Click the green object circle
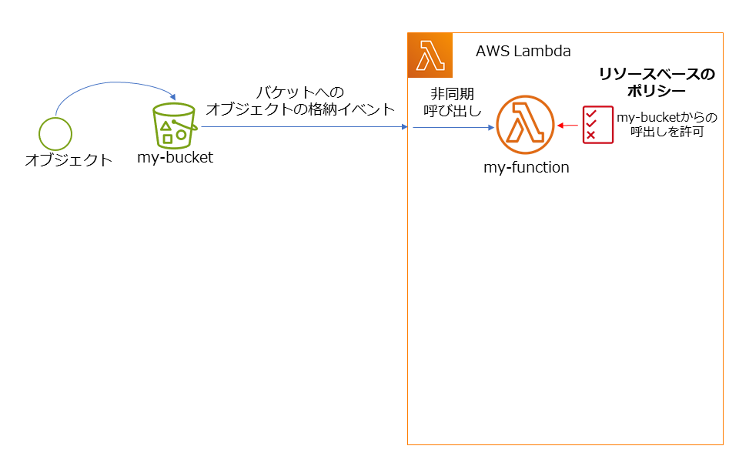pyautogui.click(x=55, y=132)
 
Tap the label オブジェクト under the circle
pyautogui.click(x=69, y=160)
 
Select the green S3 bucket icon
pyautogui.click(x=175, y=125)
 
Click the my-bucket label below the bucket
pyautogui.click(x=175, y=158)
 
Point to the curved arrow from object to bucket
pyautogui.click(x=108, y=85)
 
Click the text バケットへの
pyautogui.click(x=300, y=92)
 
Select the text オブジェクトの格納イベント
pyautogui.click(x=300, y=109)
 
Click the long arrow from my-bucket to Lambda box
pyautogui.click(x=304, y=127)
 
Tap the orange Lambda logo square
pyautogui.click(x=430, y=55)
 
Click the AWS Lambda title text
pyautogui.click(x=523, y=52)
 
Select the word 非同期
pyautogui.click(x=447, y=94)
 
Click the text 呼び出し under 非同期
pyautogui.click(x=447, y=111)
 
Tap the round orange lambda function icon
pyautogui.click(x=525, y=125)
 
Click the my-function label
pyautogui.click(x=526, y=166)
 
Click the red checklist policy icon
pyautogui.click(x=597, y=125)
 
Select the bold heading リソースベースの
pyautogui.click(x=657, y=74)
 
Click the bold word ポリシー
pyautogui.click(x=657, y=91)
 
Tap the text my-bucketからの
pyautogui.click(x=667, y=117)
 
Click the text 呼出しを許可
pyautogui.click(x=667, y=132)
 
